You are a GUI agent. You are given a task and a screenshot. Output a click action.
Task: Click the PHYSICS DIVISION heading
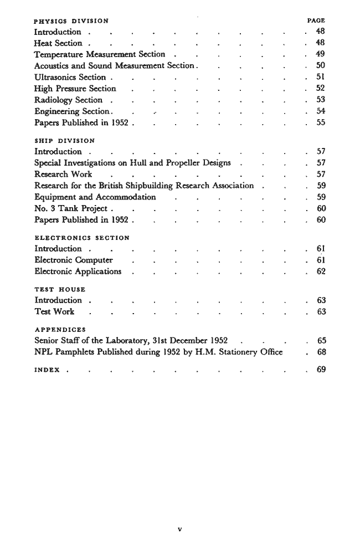pos(67,21)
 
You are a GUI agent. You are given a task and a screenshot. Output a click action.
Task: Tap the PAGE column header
pos(316,21)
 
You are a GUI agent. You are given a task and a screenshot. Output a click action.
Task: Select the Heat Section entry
pos(58,43)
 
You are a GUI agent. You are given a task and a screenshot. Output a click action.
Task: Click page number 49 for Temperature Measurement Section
pos(320,54)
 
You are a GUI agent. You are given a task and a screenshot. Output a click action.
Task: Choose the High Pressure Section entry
pos(75,89)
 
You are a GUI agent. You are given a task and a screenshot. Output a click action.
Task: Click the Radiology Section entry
pos(68,100)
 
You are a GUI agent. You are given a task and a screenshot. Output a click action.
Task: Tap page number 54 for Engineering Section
pos(320,111)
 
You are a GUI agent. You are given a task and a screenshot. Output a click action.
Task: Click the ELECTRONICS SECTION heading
pos(82,238)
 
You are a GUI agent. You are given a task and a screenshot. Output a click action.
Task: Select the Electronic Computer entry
pos(74,260)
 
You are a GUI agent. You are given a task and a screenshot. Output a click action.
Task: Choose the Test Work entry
pos(54,312)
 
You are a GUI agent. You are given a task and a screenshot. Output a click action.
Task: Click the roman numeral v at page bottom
pos(179,529)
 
